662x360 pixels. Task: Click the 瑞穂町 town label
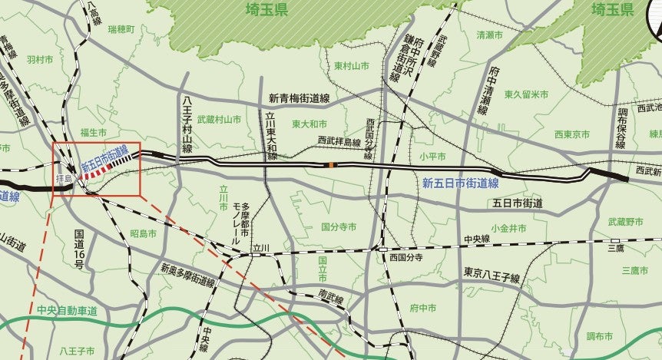pyautogui.click(x=121, y=29)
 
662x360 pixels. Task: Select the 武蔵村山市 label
pyautogui.click(x=219, y=120)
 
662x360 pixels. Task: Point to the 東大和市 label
pyautogui.click(x=309, y=124)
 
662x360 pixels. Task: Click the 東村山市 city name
pyautogui.click(x=352, y=66)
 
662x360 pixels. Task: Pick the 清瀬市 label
pyautogui.click(x=489, y=35)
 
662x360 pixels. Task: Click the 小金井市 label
pyautogui.click(x=508, y=228)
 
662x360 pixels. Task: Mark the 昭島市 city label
pyautogui.click(x=144, y=233)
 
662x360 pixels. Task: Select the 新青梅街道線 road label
pyautogui.click(x=299, y=98)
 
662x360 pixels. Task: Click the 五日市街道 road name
pyautogui.click(x=518, y=203)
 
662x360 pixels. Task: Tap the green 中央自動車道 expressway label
pyautogui.click(x=67, y=310)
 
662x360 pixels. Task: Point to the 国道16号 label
pyautogui.click(x=79, y=248)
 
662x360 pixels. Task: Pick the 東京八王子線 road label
pyautogui.click(x=492, y=274)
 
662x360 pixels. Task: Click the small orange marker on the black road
pyautogui.click(x=331, y=165)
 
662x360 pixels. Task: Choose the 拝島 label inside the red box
pyautogui.click(x=64, y=178)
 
